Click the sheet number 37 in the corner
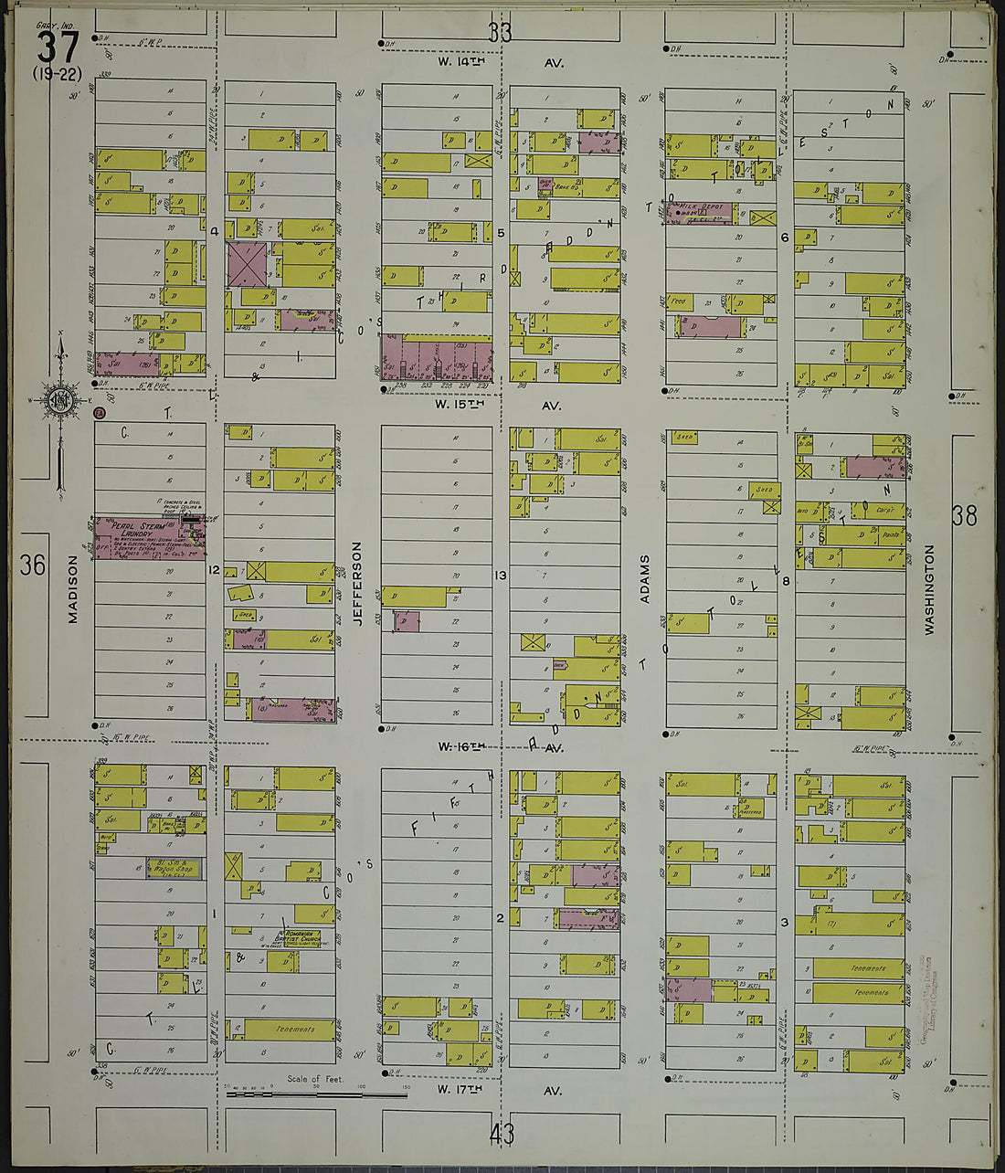pyautogui.click(x=58, y=47)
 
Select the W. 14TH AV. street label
pyautogui.click(x=500, y=63)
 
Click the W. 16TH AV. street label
pyautogui.click(x=500, y=747)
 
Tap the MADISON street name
pyautogui.click(x=73, y=592)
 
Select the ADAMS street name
pyautogui.click(x=644, y=578)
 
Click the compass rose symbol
pyautogui.click(x=60, y=401)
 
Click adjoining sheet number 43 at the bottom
pyautogui.click(x=502, y=1135)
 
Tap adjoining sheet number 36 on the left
pyautogui.click(x=32, y=565)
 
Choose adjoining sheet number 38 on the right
pyautogui.click(x=964, y=516)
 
